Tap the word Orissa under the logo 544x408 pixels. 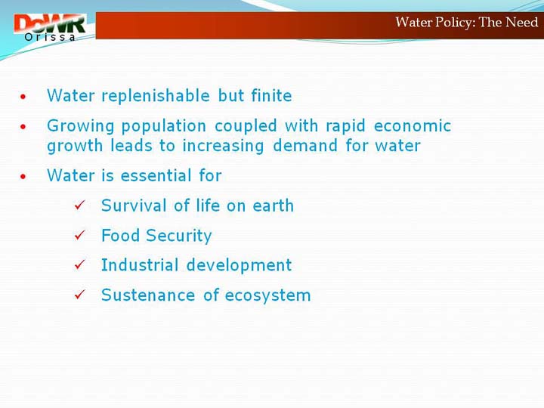click(x=50, y=37)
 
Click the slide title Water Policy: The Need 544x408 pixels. click(x=467, y=23)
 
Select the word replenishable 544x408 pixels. click(x=156, y=96)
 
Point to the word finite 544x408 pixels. click(x=272, y=95)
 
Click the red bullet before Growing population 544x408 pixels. click(x=23, y=127)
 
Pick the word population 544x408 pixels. click(x=164, y=126)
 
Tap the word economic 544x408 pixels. click(x=413, y=125)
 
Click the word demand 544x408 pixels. click(x=305, y=145)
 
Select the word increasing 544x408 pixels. click(x=223, y=146)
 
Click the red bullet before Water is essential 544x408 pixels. click(x=23, y=176)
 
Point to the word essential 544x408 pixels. click(x=156, y=175)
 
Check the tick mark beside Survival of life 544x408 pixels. click(x=79, y=205)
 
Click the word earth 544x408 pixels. click(x=274, y=206)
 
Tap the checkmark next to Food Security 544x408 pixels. click(x=79, y=235)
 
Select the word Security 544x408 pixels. click(x=179, y=236)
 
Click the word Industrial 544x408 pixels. click(x=140, y=265)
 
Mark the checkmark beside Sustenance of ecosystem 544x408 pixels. click(x=79, y=295)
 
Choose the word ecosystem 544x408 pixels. click(x=267, y=295)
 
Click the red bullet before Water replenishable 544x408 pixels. click(x=23, y=97)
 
